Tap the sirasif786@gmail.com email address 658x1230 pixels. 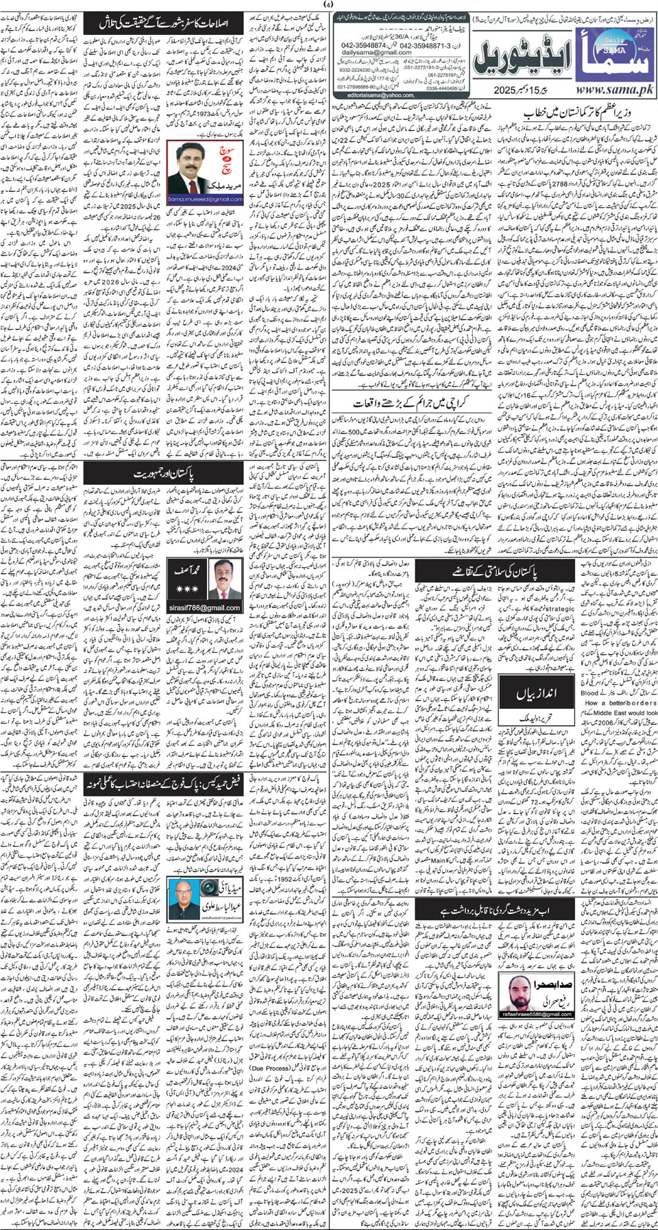click(x=204, y=607)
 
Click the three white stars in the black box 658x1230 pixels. click(x=186, y=588)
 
